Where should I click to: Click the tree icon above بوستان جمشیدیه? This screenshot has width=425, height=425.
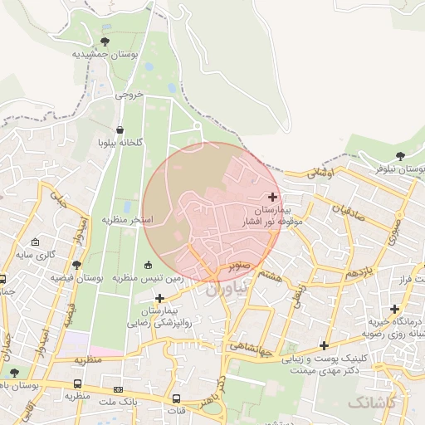click(x=105, y=41)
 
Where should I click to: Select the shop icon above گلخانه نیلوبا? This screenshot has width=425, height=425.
click(x=121, y=129)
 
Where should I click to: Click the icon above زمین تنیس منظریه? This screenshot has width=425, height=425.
click(x=149, y=265)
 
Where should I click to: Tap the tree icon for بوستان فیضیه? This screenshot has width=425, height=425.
click(x=77, y=265)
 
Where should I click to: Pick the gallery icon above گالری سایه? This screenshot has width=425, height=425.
click(x=34, y=241)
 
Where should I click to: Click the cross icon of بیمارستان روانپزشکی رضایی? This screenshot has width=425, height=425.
click(x=159, y=296)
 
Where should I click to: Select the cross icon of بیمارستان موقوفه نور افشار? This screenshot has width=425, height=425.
click(x=273, y=196)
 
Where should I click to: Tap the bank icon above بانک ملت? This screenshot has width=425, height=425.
click(x=118, y=388)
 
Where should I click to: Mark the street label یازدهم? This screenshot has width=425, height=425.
click(x=364, y=271)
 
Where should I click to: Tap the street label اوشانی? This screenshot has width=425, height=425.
click(x=320, y=173)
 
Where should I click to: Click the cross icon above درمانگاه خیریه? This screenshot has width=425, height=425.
click(x=395, y=308)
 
